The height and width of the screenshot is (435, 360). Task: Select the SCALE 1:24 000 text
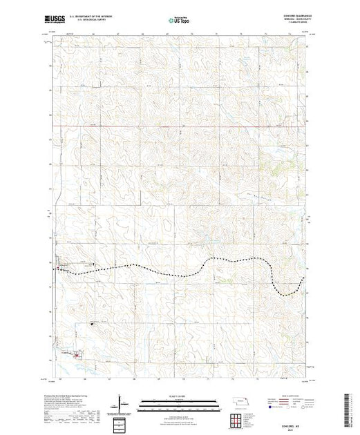pyautogui.click(x=179, y=394)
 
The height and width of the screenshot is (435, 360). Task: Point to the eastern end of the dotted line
pyautogui.click(x=303, y=278)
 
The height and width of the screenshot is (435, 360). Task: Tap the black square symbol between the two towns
pyautogui.click(x=93, y=323)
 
